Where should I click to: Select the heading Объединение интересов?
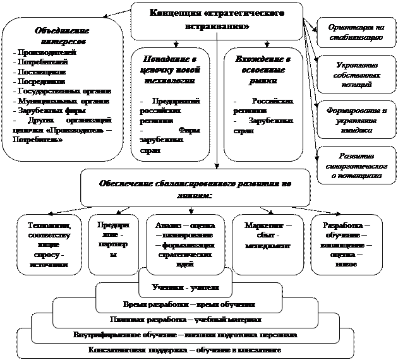pos(61,35)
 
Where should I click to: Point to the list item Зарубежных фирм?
pos(45,109)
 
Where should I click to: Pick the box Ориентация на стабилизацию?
pos(356,32)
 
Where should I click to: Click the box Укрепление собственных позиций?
pos(356,71)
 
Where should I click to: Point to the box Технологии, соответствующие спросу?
pos(49,244)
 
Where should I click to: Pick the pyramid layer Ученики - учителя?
pos(181,287)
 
